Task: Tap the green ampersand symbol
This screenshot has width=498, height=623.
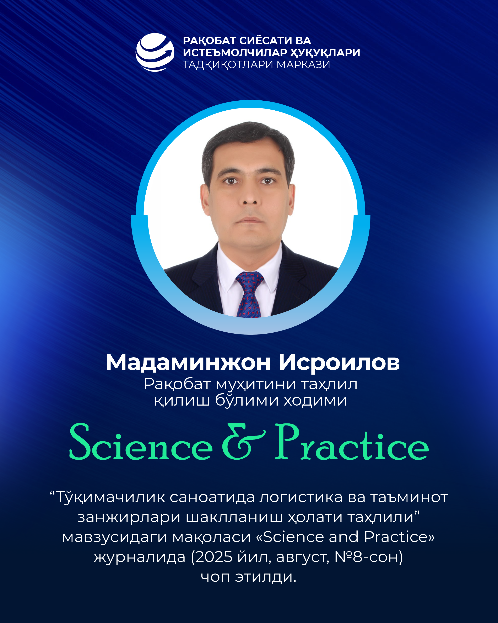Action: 243,441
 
